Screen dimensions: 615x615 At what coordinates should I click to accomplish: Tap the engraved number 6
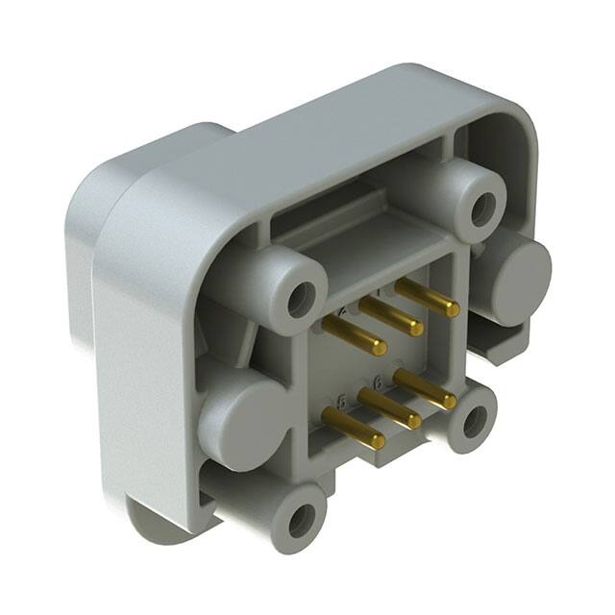point(378,382)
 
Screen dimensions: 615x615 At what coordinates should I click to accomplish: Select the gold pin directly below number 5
point(353,430)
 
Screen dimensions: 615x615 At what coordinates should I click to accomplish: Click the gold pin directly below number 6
point(390,408)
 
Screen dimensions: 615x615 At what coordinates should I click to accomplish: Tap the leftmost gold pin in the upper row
point(355,335)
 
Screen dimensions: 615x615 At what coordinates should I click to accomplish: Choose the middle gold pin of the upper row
point(391,317)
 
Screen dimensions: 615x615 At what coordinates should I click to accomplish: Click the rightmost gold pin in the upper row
point(427,297)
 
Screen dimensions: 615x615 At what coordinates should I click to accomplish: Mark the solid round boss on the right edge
point(522,274)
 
